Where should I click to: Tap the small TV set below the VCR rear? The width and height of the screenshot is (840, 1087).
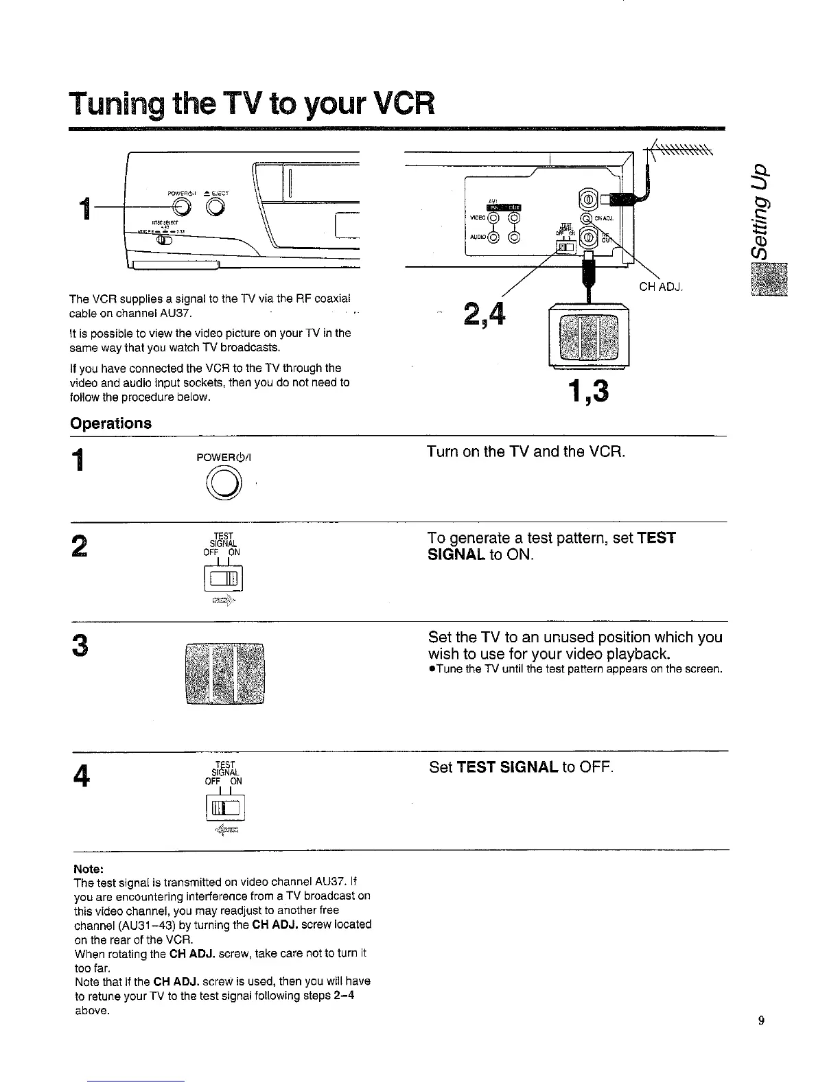click(590, 336)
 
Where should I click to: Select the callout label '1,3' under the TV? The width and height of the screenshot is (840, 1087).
click(588, 393)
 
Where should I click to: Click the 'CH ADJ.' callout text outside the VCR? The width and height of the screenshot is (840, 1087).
click(660, 287)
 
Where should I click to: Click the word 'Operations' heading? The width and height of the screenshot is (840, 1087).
click(110, 423)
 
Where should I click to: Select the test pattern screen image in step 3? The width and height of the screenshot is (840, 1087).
click(225, 673)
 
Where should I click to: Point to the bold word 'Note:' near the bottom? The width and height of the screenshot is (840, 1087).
click(87, 869)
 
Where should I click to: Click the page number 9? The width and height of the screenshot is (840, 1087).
click(760, 1020)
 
